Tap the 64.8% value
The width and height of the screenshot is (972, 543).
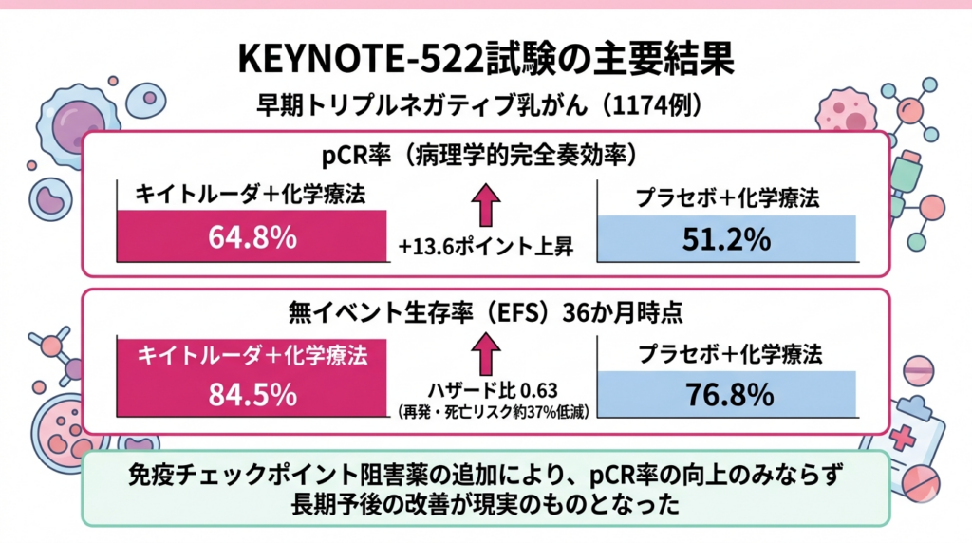(x=252, y=238)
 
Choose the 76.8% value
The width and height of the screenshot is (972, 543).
(x=726, y=395)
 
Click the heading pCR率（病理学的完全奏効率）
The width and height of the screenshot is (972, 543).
(x=486, y=155)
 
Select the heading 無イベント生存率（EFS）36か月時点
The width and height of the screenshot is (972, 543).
(x=486, y=310)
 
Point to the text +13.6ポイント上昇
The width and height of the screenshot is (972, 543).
(x=485, y=249)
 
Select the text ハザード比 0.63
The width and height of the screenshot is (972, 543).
(x=485, y=390)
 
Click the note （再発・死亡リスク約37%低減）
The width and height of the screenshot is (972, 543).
(x=485, y=411)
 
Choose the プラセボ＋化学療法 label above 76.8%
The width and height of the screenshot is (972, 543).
(x=726, y=355)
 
